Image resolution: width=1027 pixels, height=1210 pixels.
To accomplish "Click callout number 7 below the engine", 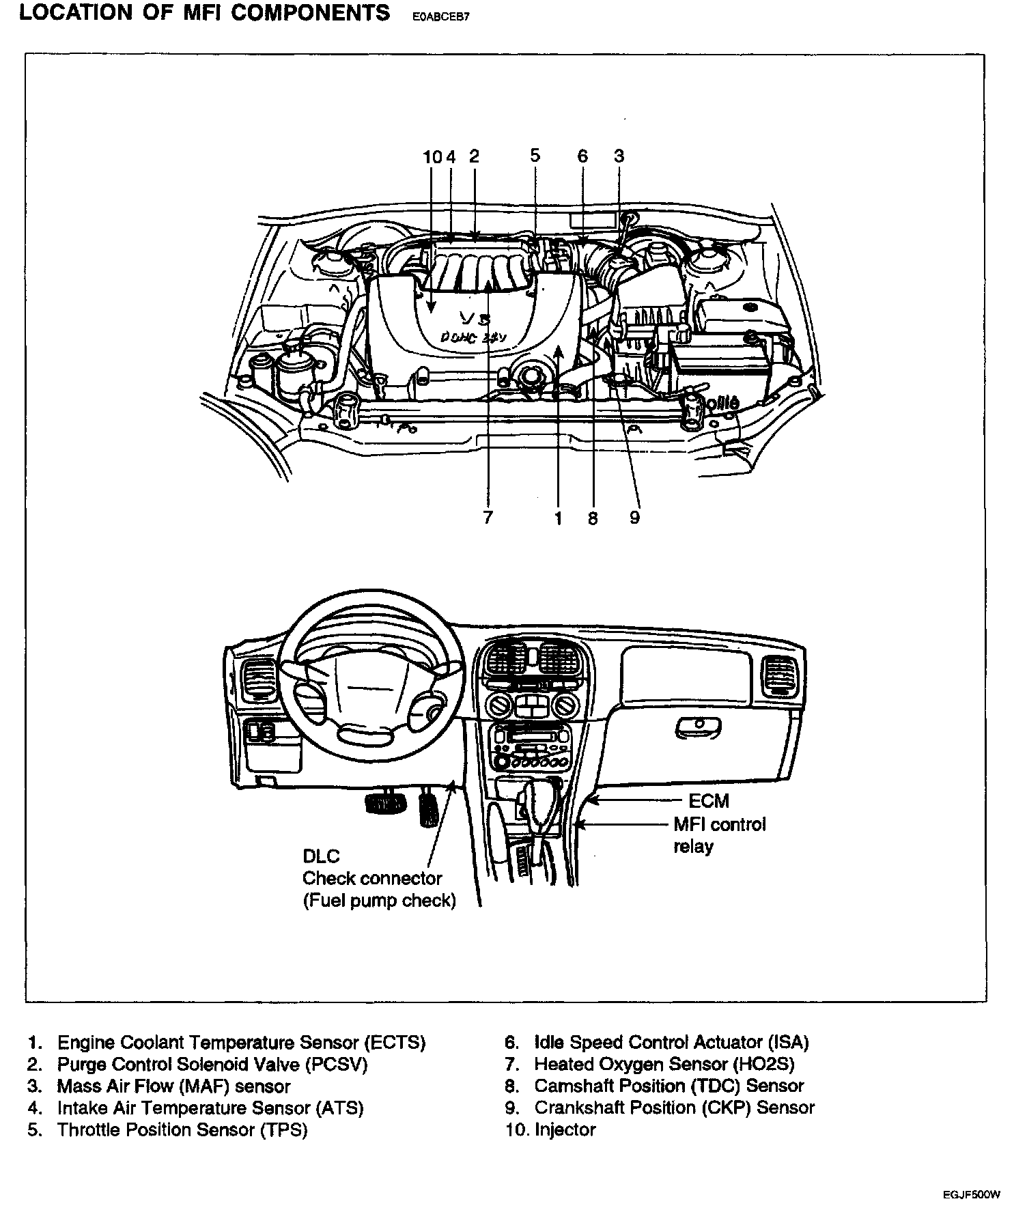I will tap(488, 518).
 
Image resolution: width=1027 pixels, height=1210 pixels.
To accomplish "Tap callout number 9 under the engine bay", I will tap(635, 518).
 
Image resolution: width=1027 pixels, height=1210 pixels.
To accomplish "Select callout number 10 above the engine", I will tap(432, 156).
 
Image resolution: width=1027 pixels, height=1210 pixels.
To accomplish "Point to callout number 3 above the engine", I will tap(619, 156).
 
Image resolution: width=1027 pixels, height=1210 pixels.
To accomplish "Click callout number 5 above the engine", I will tap(535, 156).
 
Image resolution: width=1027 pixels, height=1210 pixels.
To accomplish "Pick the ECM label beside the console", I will tap(708, 801).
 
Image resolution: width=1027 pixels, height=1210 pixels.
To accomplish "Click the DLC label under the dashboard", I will tap(321, 856).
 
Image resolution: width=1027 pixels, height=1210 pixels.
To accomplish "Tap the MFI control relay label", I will tap(719, 835).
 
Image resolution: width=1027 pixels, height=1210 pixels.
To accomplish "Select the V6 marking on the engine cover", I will tap(476, 318).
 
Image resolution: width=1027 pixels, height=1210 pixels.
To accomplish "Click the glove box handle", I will tap(697, 728).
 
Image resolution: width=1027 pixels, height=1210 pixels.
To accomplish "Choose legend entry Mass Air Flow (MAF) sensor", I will tap(173, 1086).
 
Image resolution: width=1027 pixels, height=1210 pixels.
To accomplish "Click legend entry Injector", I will tap(565, 1129).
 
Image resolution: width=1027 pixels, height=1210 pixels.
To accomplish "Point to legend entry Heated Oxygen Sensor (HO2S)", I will tap(664, 1064).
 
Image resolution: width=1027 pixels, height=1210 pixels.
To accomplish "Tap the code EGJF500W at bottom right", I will tap(972, 1194).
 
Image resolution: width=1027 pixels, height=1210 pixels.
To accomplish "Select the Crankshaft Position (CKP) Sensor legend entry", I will tap(674, 1108).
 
